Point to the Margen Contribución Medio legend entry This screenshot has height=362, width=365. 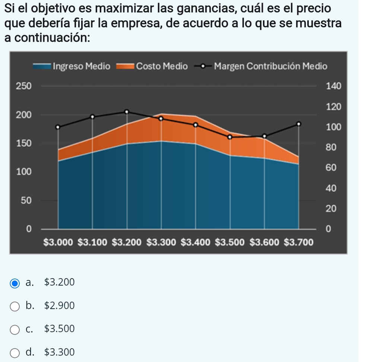261,66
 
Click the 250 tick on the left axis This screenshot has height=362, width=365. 23,86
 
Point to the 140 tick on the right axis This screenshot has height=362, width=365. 333,86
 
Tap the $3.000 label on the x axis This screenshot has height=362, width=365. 58,243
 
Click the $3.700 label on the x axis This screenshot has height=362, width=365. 299,243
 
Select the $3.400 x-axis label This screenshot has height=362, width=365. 196,243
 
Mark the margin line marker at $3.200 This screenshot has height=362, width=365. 127,111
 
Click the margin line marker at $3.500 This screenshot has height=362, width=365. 230,137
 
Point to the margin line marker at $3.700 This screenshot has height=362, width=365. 298,124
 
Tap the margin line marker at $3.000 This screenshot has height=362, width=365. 58,127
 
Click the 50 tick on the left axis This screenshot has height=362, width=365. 25,201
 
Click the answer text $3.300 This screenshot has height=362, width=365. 59,352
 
